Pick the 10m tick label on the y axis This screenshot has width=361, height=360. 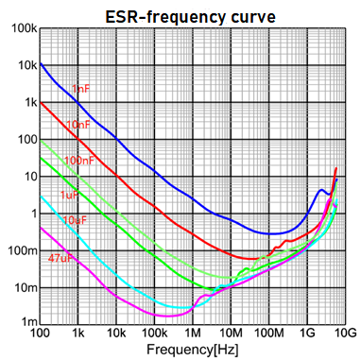pos(21,286)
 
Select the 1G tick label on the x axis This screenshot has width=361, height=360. pos(307,334)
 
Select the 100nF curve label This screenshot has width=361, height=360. pos(78,160)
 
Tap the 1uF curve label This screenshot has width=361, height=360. pos(69,195)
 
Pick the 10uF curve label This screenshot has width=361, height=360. pos(76,219)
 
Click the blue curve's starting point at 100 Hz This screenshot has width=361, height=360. pos(41,63)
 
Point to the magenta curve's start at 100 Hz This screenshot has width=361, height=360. pos(41,228)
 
